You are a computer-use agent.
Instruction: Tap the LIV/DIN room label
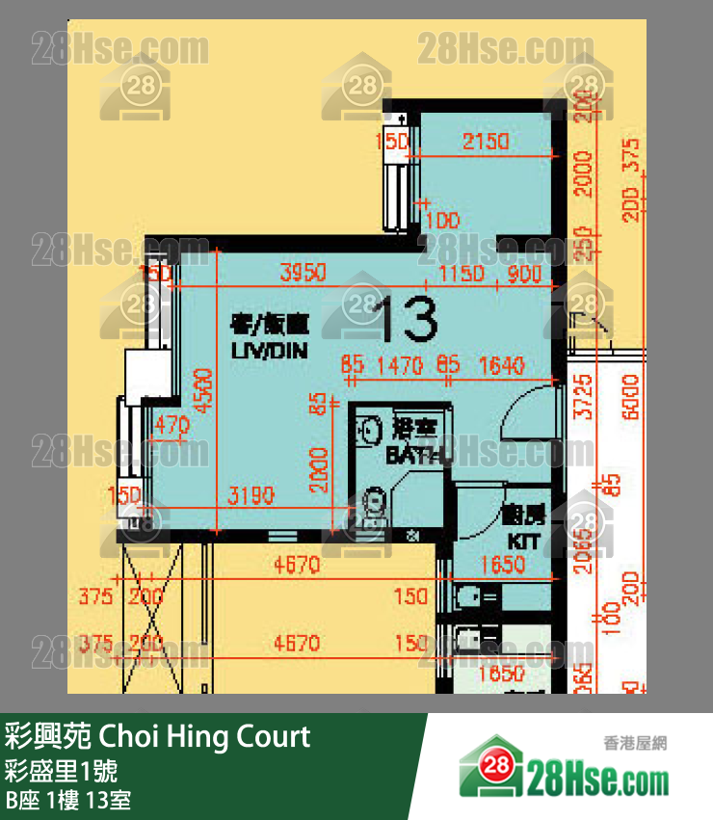tap(270, 352)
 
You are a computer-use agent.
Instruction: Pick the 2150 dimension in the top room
tap(485, 142)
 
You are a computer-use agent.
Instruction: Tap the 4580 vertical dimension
tap(204, 391)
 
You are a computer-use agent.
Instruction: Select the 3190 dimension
tap(251, 496)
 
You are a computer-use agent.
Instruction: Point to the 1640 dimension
tap(500, 365)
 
